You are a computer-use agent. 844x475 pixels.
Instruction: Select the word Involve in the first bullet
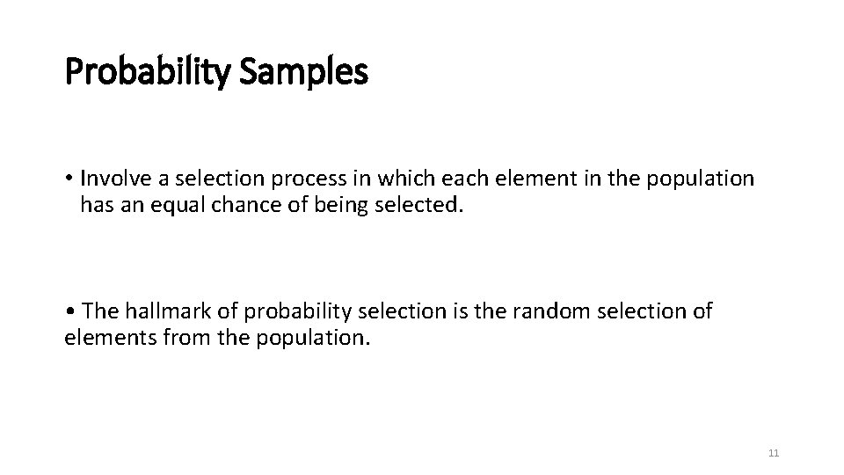coord(111,179)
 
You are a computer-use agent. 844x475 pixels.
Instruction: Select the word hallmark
coord(162,312)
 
